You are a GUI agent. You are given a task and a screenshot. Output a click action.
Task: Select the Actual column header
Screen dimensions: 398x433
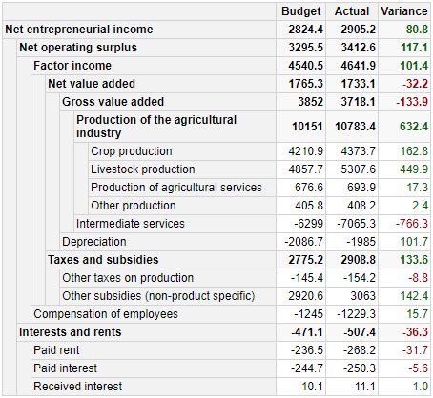pos(353,11)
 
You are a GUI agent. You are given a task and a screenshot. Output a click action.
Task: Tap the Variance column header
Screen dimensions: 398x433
pos(404,11)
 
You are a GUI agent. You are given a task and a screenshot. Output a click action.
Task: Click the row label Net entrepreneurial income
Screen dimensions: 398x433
pos(78,30)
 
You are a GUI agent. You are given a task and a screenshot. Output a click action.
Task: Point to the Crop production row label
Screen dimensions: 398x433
pos(132,151)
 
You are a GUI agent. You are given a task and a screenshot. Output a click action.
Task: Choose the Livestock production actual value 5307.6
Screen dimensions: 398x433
pos(354,169)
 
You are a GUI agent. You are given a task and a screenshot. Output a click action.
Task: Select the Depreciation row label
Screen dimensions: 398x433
pos(93,242)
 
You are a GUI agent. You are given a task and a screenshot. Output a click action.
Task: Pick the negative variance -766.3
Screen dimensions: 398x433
pos(408,224)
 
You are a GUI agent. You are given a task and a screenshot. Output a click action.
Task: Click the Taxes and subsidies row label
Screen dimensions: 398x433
pos(103,260)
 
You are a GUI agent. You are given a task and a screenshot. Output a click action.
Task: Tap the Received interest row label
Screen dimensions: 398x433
pos(77,387)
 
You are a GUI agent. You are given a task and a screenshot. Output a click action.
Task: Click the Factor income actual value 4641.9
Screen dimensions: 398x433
pos(354,66)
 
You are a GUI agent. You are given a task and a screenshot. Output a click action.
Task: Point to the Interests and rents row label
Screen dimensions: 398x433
pos(70,332)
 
